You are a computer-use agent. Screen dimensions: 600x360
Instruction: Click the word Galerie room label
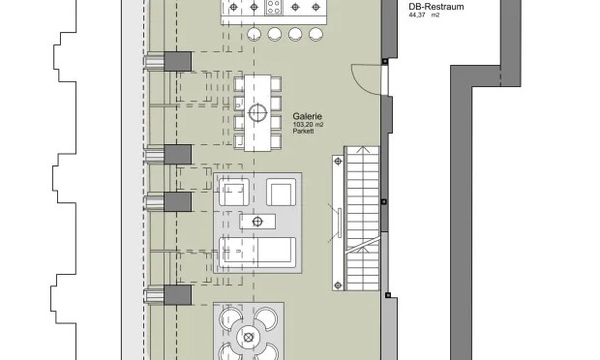point(308,116)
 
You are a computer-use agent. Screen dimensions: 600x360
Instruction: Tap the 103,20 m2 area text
point(308,125)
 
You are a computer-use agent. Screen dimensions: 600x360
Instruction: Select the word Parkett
point(304,132)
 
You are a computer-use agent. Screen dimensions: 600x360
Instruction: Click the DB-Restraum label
point(436,7)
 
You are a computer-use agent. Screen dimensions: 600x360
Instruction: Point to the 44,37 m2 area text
point(424,15)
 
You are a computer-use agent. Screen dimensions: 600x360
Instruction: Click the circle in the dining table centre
point(257,113)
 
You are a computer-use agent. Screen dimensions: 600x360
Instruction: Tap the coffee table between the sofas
point(257,222)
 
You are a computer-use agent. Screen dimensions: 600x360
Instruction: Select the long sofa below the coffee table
point(257,253)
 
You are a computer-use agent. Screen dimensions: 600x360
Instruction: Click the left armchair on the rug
point(234,192)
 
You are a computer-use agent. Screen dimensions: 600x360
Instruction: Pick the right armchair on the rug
point(282,192)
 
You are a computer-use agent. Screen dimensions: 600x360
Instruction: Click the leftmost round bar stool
point(255,34)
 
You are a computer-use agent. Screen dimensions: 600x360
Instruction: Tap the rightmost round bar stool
point(315,34)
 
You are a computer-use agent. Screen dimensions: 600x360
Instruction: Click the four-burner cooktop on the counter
point(274,8)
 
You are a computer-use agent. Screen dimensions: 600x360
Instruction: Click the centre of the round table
point(249,338)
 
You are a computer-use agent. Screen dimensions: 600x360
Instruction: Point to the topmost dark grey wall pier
point(177,62)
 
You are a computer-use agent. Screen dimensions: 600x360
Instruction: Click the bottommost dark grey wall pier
point(177,295)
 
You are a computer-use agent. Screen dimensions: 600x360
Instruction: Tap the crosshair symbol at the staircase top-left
point(338,162)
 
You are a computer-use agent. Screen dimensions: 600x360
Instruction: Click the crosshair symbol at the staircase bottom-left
point(338,285)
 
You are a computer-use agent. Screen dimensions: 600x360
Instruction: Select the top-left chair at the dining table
point(239,84)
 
